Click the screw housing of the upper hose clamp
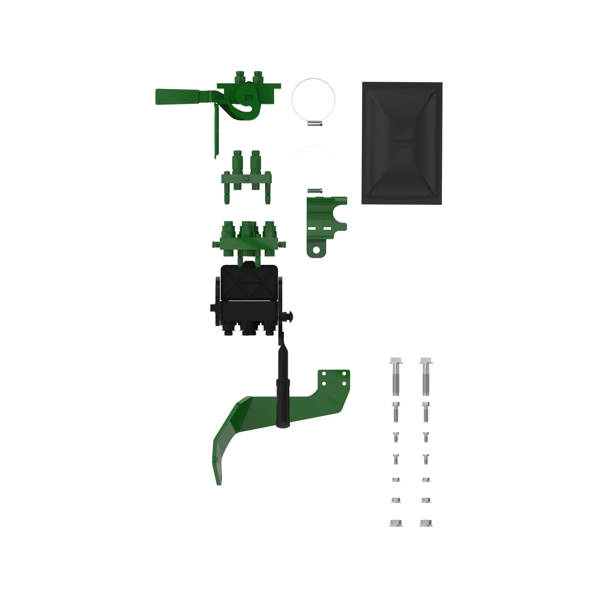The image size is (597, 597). (x=315, y=124)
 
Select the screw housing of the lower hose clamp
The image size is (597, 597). (x=315, y=191)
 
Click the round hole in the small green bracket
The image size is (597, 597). (x=316, y=250)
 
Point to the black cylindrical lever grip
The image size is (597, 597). (x=283, y=402)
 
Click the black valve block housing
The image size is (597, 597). (x=249, y=297)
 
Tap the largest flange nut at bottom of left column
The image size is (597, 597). (x=396, y=523)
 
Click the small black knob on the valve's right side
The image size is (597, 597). (x=289, y=316)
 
